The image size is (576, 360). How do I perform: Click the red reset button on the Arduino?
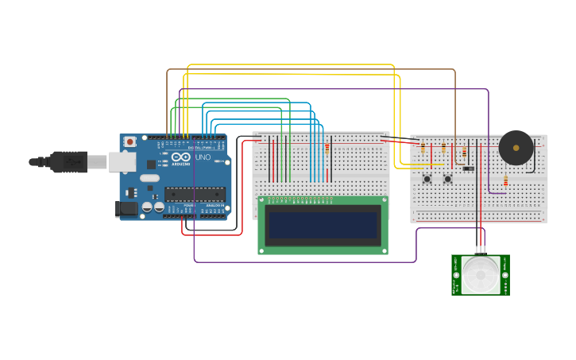coord(130,141)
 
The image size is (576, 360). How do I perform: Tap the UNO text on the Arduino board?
coord(203,157)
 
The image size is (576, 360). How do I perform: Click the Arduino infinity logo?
coord(181,157)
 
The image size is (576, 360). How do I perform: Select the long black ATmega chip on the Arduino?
coord(195,194)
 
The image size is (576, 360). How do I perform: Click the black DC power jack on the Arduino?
coord(126,209)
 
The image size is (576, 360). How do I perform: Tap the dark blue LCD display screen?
coord(323,225)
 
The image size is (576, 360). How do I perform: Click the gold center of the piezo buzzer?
coord(516,147)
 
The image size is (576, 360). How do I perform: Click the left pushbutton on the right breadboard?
coord(427,179)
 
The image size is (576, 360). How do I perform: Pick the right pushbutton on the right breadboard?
coord(447,179)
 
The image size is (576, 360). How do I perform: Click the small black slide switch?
coord(468,168)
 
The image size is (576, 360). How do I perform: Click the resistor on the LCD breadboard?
coord(327,149)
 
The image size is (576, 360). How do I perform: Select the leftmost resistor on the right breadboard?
coord(423,148)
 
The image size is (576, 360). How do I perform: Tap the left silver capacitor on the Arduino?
coord(148,207)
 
